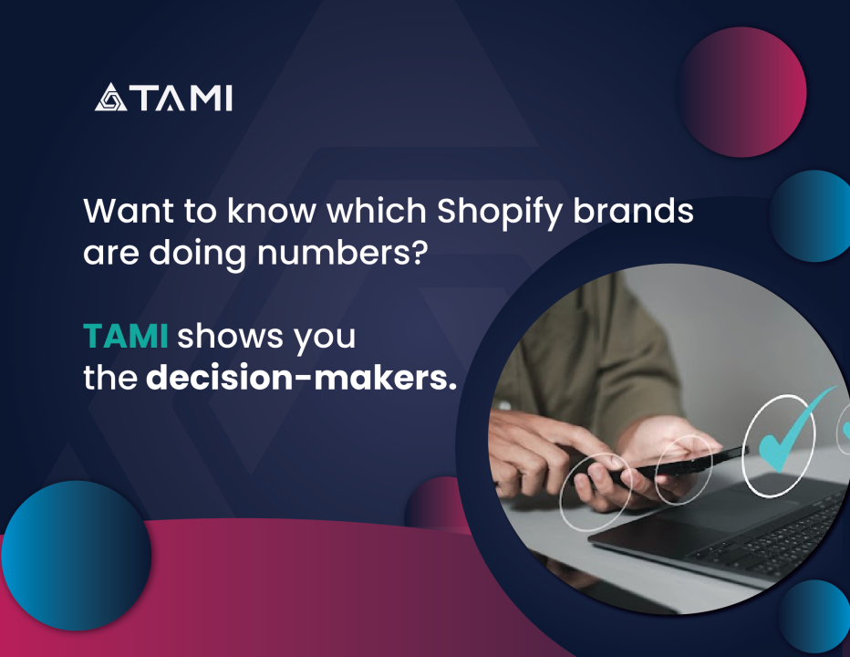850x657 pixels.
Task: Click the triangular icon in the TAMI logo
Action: point(110,98)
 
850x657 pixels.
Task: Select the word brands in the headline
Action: point(633,210)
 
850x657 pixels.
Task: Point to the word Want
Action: point(129,211)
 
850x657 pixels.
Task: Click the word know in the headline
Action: point(271,210)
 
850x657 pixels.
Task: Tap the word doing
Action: point(197,255)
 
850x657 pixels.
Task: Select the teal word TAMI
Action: point(125,336)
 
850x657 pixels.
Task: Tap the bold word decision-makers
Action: point(301,378)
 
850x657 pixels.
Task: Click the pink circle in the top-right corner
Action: point(742,92)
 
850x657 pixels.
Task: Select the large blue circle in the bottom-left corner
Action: point(76,556)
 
